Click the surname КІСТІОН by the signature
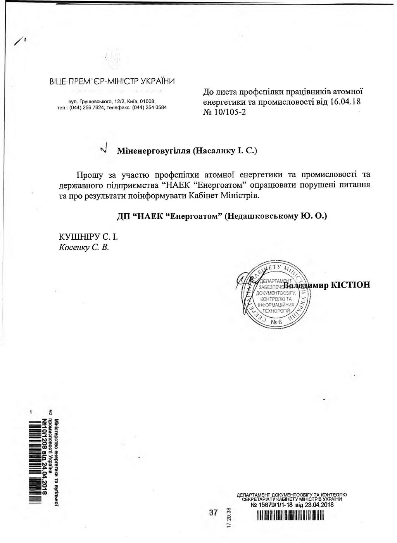(x=350, y=285)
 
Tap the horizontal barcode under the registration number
(x=290, y=515)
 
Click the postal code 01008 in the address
(x=147, y=101)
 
